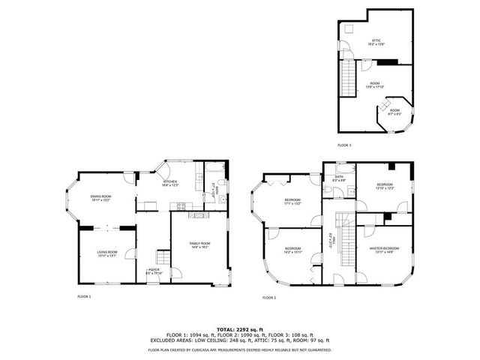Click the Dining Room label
coord(100,197)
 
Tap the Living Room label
coord(108,253)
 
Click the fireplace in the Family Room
coord(199,215)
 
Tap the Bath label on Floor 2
coord(338,178)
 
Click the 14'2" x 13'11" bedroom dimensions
coord(292,251)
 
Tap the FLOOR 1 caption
coord(84,297)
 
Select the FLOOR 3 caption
coord(344,145)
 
